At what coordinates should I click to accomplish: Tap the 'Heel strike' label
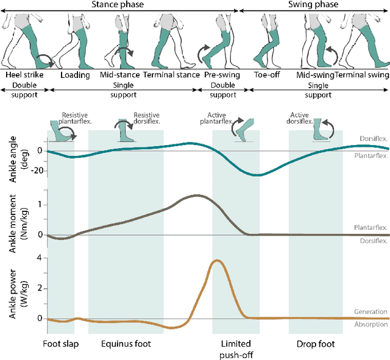click(x=22, y=75)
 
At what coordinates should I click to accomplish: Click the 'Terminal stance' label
click(x=171, y=75)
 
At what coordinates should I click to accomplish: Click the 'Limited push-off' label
click(x=235, y=348)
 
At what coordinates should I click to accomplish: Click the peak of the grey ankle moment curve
click(x=197, y=196)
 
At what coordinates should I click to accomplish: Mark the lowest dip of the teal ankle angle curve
click(x=258, y=175)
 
